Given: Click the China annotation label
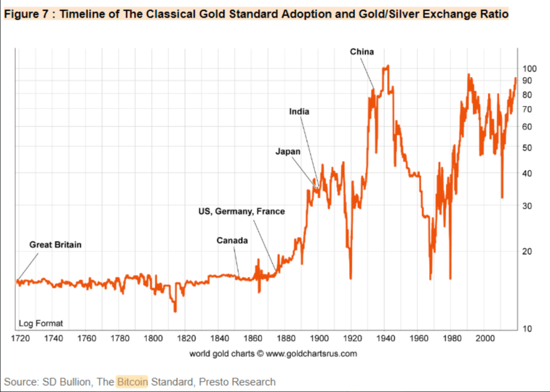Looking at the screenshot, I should tap(362, 52).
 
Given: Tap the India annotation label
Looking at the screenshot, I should tap(299, 112).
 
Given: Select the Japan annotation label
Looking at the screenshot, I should tap(288, 152).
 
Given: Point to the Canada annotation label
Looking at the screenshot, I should tap(232, 241).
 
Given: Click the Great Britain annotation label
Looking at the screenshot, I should tap(55, 245).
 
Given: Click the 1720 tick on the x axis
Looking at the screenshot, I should tap(20, 339).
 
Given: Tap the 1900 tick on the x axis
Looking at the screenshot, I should tap(320, 339).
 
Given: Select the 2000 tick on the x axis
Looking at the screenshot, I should tap(486, 339).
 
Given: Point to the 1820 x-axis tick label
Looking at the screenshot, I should tap(186, 339).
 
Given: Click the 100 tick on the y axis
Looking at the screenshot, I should tap(530, 69).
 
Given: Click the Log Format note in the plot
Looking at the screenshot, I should tap(41, 323).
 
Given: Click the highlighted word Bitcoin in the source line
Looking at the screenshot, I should tap(132, 382).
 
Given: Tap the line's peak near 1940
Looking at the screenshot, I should tap(387, 66).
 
